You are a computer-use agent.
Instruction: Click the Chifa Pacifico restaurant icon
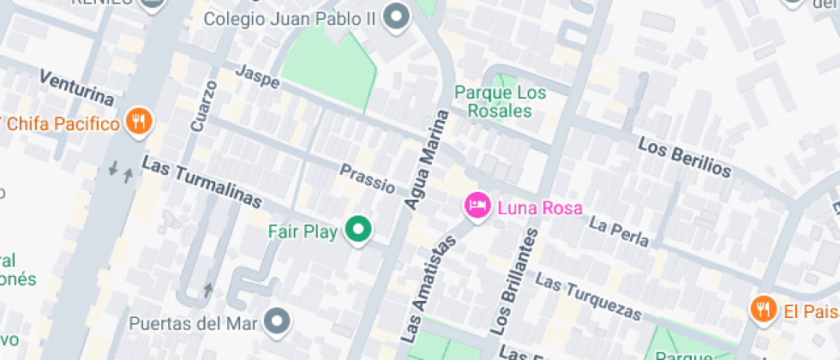[138, 123]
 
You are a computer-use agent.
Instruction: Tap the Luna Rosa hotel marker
[477, 207]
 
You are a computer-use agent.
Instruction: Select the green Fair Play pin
[358, 230]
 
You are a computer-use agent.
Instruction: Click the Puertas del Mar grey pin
[277, 323]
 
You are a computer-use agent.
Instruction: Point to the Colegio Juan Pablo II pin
[396, 17]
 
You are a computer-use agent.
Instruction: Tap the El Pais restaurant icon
[762, 309]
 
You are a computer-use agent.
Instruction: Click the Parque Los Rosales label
[493, 101]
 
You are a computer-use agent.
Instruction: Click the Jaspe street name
[257, 76]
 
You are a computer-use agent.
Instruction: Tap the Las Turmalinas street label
[201, 182]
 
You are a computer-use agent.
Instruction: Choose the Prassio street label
[367, 178]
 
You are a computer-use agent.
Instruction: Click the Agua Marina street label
[426, 159]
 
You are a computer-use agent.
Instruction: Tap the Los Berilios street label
[685, 157]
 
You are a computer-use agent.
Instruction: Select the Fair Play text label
[303, 231]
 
